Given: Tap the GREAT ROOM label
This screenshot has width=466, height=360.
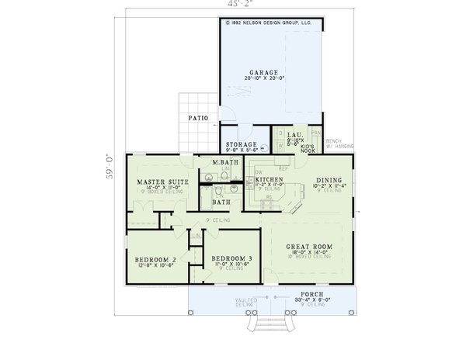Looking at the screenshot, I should tap(309, 247).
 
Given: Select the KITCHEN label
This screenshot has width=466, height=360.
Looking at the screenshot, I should tap(269, 179).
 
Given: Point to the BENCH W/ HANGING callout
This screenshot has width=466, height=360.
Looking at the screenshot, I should tap(340, 144).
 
